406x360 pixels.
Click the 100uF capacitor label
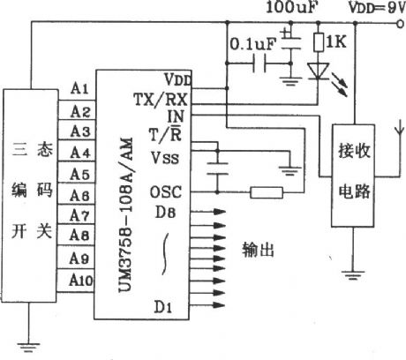(289, 9)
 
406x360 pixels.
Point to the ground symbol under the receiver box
(353, 275)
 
